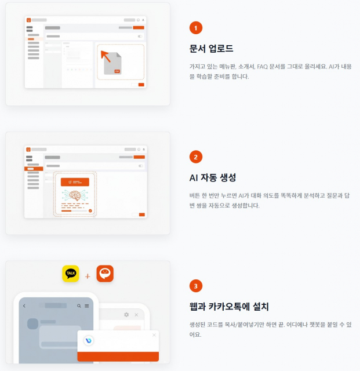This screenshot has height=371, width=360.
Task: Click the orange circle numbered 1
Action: [196, 27]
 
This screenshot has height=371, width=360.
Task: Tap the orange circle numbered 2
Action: [196, 157]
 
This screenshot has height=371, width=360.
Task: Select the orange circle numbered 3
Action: [196, 286]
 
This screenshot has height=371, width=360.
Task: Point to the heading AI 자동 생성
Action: [213, 177]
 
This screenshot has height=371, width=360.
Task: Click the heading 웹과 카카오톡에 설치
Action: [229, 307]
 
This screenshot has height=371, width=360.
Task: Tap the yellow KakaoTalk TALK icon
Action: [71, 274]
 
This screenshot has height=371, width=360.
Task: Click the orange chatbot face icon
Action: [105, 274]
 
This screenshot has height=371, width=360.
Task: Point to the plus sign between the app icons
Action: [88, 276]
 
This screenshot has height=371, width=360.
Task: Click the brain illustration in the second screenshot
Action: [74, 196]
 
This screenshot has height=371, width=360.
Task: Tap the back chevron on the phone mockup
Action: [24, 305]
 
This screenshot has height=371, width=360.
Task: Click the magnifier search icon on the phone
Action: [79, 305]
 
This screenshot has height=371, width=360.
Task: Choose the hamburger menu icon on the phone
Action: [86, 305]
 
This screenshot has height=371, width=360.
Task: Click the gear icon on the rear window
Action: [126, 314]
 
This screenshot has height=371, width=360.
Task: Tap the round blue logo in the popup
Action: [89, 340]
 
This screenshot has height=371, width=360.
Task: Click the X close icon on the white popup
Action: [154, 334]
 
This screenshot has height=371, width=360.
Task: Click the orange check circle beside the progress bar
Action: [90, 210]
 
